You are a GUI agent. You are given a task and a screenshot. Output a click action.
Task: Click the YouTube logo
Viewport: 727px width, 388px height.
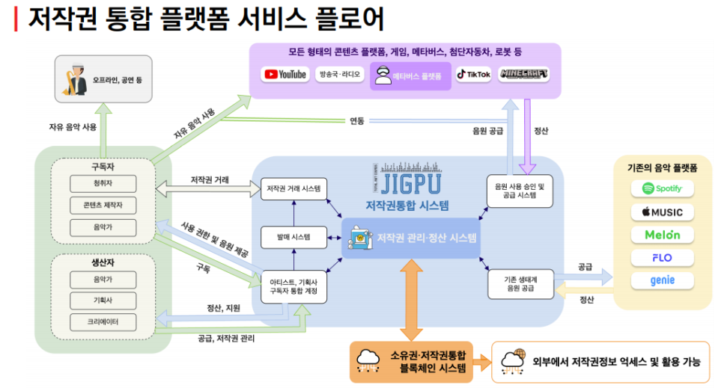(x=285, y=75)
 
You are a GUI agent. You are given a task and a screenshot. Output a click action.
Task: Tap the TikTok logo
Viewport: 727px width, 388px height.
(x=473, y=75)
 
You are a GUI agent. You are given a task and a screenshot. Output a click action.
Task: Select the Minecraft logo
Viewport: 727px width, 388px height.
(x=523, y=75)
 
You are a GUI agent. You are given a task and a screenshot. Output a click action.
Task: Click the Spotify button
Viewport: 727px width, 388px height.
(x=662, y=188)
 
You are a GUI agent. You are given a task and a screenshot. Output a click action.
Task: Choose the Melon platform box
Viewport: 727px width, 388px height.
(x=662, y=235)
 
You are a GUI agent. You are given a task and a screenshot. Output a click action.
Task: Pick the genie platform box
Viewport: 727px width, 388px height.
(x=662, y=280)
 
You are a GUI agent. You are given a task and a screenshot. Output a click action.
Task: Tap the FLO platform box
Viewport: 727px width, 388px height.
(x=662, y=257)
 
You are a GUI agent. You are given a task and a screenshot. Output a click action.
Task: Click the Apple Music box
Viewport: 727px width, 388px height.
(x=662, y=212)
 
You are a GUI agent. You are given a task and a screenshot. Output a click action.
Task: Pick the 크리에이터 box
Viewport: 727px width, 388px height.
(x=103, y=322)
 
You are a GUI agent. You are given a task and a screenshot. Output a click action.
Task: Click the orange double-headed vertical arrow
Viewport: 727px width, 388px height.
(x=411, y=298)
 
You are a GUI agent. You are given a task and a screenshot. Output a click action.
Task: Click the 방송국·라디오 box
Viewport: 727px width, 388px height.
(x=339, y=75)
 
